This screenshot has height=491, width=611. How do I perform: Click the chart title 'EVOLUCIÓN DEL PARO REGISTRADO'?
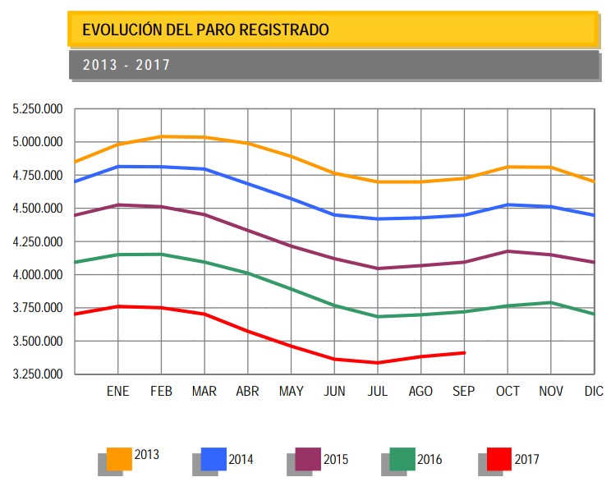click(x=205, y=30)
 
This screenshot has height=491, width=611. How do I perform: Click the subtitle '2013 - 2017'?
click(x=126, y=65)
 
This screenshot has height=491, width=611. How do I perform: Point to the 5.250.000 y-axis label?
click(x=37, y=109)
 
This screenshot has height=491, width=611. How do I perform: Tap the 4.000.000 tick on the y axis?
click(x=37, y=275)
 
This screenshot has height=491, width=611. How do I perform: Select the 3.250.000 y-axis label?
click(x=37, y=374)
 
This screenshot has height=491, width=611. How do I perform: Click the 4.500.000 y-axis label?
click(x=37, y=209)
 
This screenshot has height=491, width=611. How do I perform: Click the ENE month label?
click(x=118, y=392)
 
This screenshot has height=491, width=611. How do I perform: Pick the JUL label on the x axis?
click(x=378, y=392)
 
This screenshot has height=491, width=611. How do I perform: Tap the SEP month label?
click(x=465, y=392)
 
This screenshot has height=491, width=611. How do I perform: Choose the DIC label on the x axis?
click(x=594, y=392)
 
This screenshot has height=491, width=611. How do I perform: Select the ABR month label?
click(x=248, y=392)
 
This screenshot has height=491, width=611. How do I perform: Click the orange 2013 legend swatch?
click(x=119, y=459)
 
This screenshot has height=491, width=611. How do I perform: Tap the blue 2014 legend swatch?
click(x=214, y=459)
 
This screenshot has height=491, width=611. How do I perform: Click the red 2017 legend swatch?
click(x=498, y=459)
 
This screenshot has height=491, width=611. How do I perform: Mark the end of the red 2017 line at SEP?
click(x=465, y=353)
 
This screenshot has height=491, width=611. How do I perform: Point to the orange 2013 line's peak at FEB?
click(x=162, y=136)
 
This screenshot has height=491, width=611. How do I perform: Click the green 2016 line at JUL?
click(x=378, y=316)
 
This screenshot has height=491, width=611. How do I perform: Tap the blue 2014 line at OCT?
click(x=508, y=204)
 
